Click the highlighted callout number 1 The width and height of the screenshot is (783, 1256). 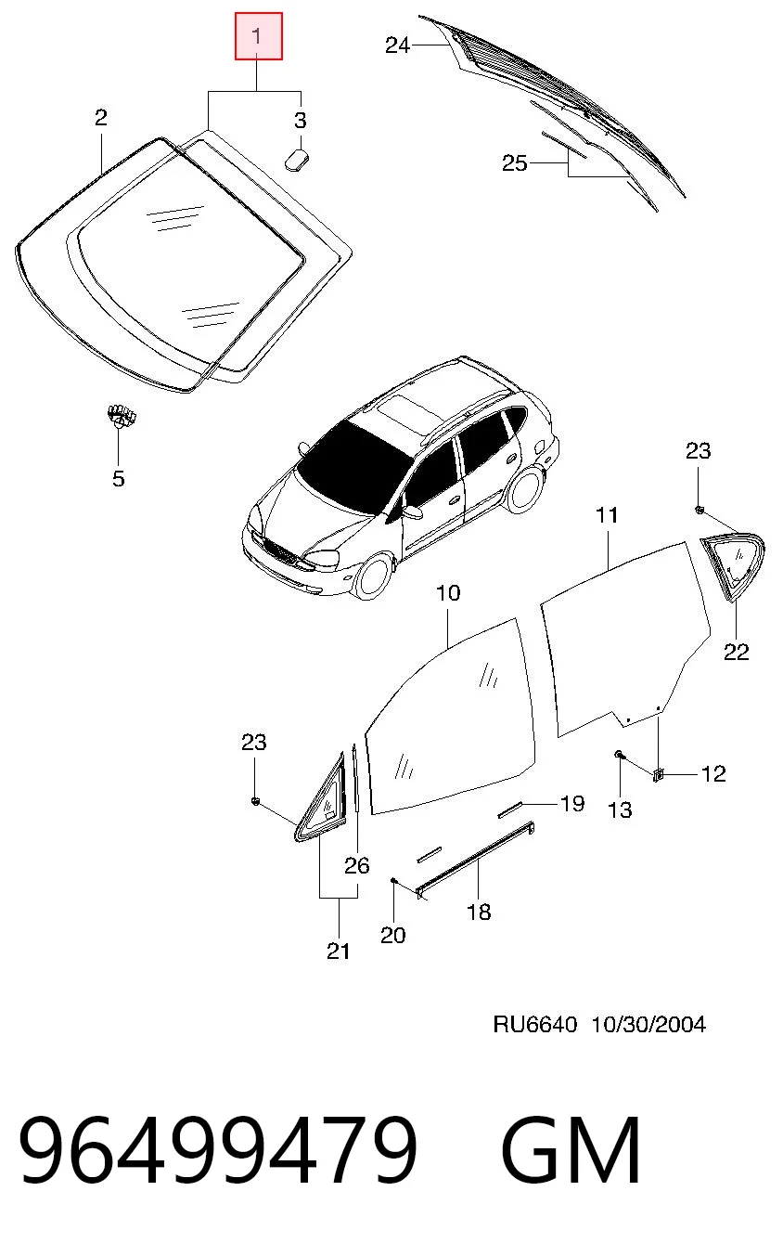(x=259, y=36)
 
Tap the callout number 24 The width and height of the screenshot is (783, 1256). (x=397, y=45)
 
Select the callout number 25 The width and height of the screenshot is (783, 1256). (x=515, y=163)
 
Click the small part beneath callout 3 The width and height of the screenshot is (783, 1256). (x=297, y=160)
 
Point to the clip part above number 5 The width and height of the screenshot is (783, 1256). (x=122, y=416)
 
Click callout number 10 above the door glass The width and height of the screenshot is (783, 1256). (x=448, y=592)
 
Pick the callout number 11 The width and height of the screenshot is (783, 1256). (x=607, y=514)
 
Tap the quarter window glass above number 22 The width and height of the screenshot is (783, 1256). (x=733, y=565)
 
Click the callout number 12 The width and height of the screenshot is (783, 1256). (x=713, y=774)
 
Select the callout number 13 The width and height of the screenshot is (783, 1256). (x=620, y=809)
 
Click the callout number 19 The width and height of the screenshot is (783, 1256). (x=572, y=804)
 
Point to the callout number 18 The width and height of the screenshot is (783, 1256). (x=480, y=912)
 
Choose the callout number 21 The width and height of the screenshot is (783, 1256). (x=339, y=951)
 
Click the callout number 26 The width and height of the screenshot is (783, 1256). (x=357, y=866)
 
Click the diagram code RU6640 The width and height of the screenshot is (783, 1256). (x=534, y=1025)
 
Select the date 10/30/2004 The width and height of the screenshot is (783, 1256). (x=649, y=1025)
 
